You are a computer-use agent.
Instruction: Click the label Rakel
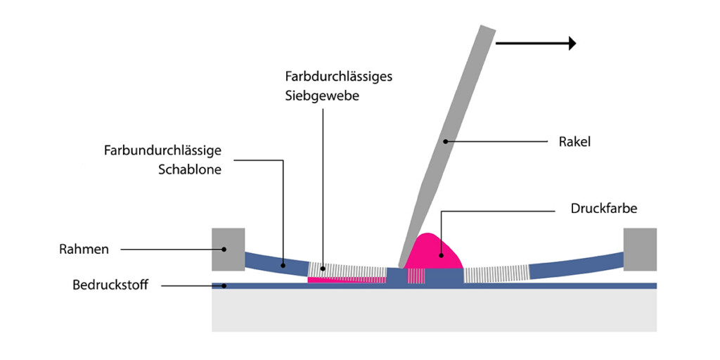(x=574, y=142)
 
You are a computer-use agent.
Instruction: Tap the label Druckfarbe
(x=605, y=209)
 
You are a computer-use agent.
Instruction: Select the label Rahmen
(x=84, y=249)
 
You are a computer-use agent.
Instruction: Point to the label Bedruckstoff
(x=110, y=285)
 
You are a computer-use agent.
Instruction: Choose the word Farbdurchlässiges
(x=338, y=76)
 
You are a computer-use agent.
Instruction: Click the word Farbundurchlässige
(x=162, y=150)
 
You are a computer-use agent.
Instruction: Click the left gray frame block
(x=229, y=249)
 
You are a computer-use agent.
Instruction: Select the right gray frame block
(x=640, y=249)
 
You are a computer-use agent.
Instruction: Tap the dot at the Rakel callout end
(x=444, y=142)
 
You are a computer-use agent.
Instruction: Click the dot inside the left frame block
(x=224, y=249)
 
